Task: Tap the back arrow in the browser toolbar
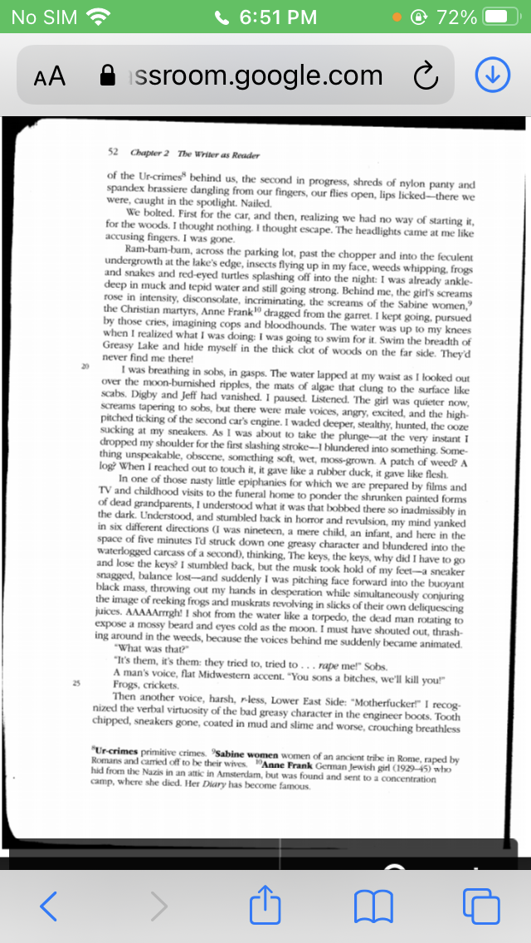tap(49, 905)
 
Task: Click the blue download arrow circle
tap(491, 76)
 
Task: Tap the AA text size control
tap(50, 76)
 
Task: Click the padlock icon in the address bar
tap(107, 76)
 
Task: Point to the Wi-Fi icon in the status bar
tap(99, 17)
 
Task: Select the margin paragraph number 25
tap(76, 683)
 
